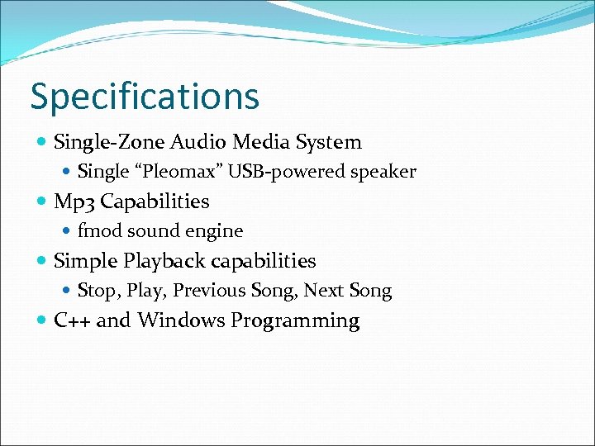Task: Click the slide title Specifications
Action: (145, 97)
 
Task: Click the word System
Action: (329, 142)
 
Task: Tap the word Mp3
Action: (74, 202)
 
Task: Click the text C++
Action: (72, 320)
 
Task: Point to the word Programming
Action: (295, 321)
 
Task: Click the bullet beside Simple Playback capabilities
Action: (42, 261)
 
